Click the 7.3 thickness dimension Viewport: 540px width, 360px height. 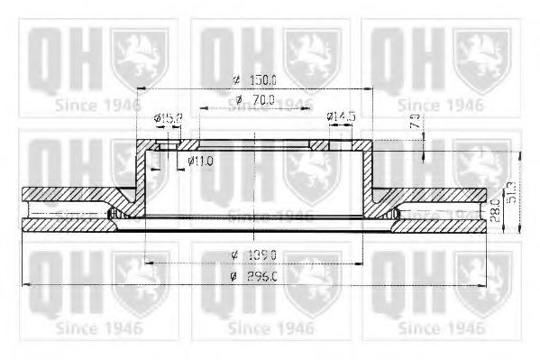coord(414,123)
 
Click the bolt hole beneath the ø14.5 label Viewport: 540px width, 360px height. coord(340,144)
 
